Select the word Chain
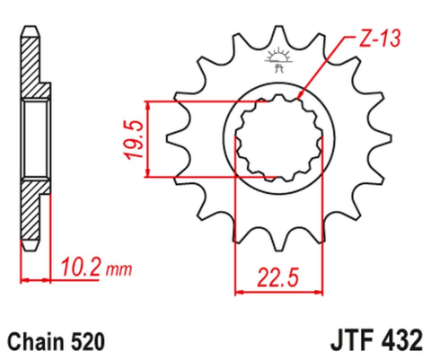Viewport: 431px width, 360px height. pyautogui.click(x=35, y=342)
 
